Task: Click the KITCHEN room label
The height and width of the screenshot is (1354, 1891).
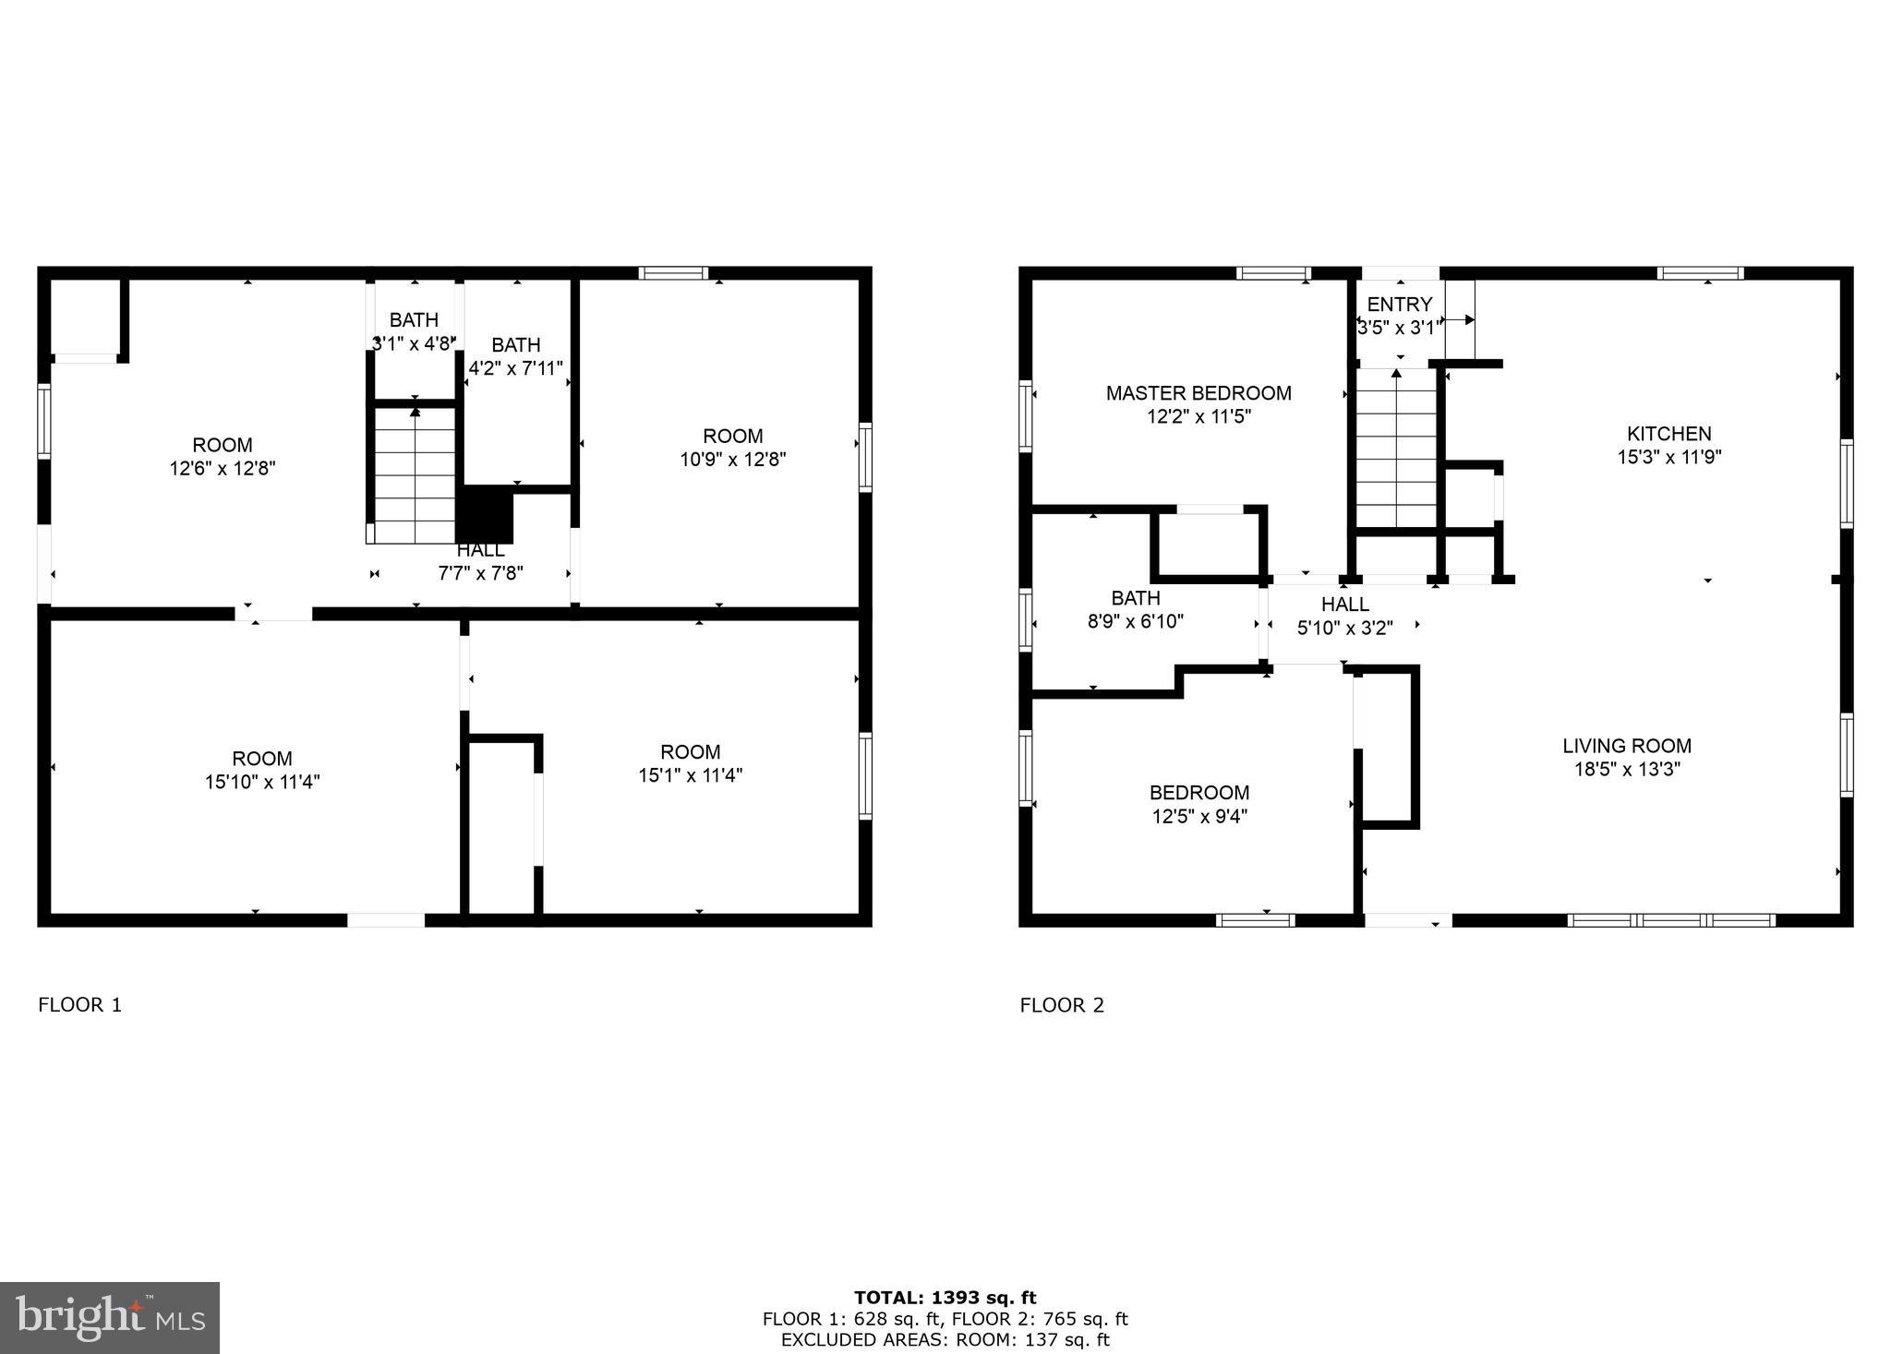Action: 1668,433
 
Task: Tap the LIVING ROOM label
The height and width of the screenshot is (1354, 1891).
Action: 1627,746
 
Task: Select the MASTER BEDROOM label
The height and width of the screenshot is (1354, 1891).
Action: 1198,393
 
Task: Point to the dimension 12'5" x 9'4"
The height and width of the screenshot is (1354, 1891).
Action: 1199,816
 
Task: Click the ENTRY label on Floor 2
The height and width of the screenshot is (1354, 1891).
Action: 1399,304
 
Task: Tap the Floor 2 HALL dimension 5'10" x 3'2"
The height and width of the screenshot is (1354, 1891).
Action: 1344,628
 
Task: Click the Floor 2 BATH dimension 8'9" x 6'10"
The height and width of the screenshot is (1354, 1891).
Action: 1135,621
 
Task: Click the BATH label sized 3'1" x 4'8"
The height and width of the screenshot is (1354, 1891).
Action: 414,320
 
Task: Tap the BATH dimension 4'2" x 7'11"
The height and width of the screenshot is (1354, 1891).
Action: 515,368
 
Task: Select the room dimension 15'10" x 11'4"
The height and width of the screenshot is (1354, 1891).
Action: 262,782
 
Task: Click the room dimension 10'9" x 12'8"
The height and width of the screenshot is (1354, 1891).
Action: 732,459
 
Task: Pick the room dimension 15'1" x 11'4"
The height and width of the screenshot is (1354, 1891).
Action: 690,775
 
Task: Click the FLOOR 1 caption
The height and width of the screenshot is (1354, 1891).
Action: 79,1004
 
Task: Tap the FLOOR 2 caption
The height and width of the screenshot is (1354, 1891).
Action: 1062,1005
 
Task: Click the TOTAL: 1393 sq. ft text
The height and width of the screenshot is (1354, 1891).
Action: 945,1298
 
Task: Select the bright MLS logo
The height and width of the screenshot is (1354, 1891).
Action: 109,1318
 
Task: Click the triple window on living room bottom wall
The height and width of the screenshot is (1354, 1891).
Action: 1671,919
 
